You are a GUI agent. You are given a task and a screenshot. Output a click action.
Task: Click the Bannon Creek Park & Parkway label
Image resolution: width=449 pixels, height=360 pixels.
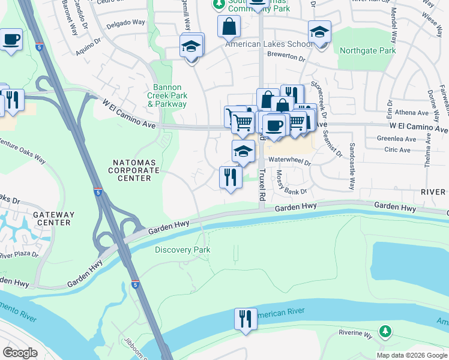167,95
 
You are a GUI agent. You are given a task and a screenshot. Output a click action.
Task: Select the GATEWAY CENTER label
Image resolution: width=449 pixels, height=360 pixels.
54,218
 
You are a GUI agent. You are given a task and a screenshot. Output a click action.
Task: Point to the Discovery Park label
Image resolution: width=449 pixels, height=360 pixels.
182,250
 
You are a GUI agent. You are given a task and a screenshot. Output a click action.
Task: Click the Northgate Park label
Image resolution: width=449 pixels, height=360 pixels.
367,51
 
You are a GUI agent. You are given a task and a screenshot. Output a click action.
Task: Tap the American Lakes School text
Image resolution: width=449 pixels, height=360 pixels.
268,44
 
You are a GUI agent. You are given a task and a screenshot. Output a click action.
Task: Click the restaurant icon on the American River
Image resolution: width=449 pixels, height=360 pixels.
246,319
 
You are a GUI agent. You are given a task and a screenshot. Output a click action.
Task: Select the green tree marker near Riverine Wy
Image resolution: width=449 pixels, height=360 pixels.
385,331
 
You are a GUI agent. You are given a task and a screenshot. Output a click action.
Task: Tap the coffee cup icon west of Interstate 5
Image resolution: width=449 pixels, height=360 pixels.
11,40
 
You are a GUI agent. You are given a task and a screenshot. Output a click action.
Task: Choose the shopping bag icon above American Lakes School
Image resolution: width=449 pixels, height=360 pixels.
229,27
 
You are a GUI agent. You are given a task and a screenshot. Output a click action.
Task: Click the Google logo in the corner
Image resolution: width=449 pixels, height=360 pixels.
20,353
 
